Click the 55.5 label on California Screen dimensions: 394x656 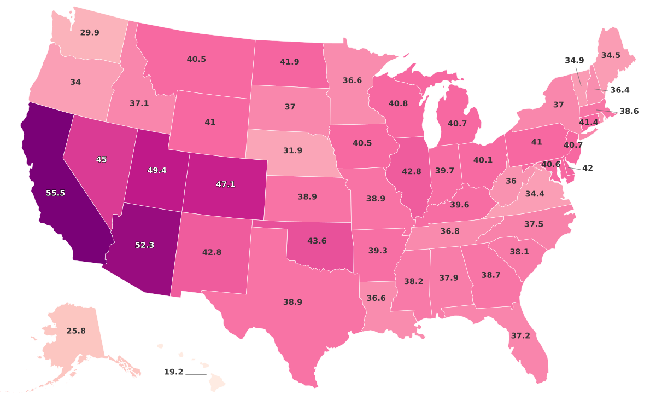point(55,193)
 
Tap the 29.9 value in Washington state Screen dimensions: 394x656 point(90,32)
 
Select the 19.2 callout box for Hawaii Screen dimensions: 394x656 point(174,372)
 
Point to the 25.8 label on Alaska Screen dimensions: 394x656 point(76,331)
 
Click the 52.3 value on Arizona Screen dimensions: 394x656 point(144,245)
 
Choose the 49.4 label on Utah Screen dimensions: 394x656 point(157,170)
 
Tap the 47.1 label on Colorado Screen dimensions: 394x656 point(225,184)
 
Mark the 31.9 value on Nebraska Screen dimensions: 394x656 point(293,150)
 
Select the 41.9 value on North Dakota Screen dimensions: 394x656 point(289,62)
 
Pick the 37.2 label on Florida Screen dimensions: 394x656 point(520,335)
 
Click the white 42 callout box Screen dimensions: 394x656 point(587,169)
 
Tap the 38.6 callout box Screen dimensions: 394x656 point(629,111)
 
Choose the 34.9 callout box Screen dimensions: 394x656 point(575,60)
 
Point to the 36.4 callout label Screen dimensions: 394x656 point(620,90)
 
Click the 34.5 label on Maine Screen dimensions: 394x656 point(611,55)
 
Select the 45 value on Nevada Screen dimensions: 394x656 point(101,159)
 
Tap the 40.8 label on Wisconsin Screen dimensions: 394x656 point(397,102)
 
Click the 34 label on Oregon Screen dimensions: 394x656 point(75,82)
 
